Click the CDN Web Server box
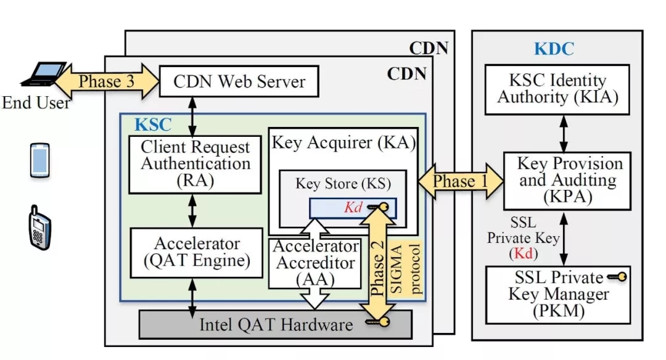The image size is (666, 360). (x=239, y=82)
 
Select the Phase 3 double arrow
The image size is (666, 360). (x=107, y=81)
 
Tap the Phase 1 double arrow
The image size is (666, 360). (x=454, y=181)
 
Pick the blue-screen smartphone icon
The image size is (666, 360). (x=39, y=160)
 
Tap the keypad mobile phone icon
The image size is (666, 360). (x=39, y=229)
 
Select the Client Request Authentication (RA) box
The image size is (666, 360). (x=195, y=163)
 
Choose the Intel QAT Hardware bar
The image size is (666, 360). (x=275, y=324)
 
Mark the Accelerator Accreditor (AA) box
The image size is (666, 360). (x=315, y=263)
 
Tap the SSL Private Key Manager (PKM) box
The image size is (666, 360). (x=558, y=294)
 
